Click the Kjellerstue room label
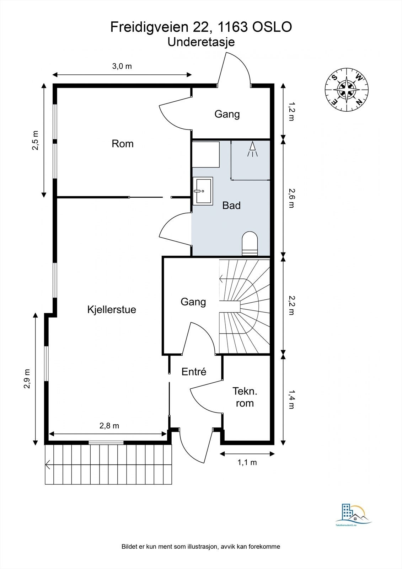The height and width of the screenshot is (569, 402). click(112, 310)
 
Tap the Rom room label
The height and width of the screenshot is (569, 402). click(122, 144)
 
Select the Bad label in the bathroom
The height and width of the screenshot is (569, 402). click(231, 205)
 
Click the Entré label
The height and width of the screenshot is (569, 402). click(194, 372)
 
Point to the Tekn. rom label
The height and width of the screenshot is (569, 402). click(245, 397)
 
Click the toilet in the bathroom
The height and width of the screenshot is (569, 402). click(250, 243)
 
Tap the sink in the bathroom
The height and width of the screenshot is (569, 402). click(203, 191)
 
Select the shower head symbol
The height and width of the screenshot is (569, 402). click(252, 149)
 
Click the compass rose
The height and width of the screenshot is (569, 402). click(347, 89)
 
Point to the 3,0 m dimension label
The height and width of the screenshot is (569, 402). click(122, 66)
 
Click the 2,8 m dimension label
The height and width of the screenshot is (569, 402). click(109, 426)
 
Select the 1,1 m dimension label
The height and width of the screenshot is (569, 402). click(247, 462)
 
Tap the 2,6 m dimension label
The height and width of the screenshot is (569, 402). click(291, 198)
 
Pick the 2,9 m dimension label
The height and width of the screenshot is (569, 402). click(27, 379)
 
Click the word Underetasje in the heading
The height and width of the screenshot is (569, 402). click(201, 42)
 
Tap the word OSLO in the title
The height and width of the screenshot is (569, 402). click(272, 27)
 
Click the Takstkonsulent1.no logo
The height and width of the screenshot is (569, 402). click(354, 516)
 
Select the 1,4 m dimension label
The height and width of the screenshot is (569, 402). click(291, 400)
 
